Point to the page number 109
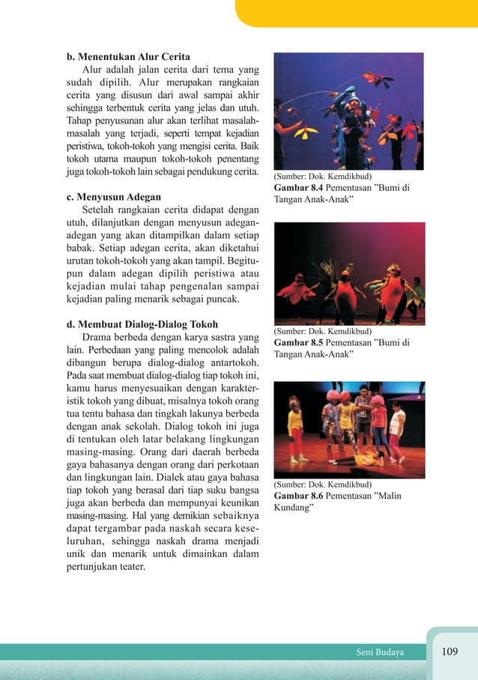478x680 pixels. click(x=449, y=652)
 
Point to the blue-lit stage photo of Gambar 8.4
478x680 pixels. click(x=348, y=111)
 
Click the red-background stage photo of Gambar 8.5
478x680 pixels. click(x=349, y=273)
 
